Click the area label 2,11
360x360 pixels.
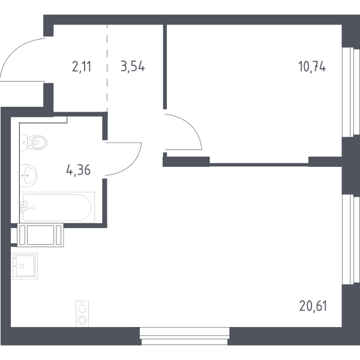82,67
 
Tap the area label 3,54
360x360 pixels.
133,67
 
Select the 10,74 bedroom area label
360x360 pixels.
312,67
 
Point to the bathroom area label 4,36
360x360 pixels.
78,170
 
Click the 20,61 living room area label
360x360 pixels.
313,306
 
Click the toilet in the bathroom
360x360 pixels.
34,143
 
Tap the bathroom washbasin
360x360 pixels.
28,175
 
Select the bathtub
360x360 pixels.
57,208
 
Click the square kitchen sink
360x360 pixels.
24,266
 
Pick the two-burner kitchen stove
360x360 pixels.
82,313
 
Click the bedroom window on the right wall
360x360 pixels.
350,92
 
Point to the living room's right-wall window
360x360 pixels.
350,239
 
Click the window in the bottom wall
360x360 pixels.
185,336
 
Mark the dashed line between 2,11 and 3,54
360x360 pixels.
107,68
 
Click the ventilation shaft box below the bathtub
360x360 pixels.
40,235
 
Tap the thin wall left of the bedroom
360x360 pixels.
165,67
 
